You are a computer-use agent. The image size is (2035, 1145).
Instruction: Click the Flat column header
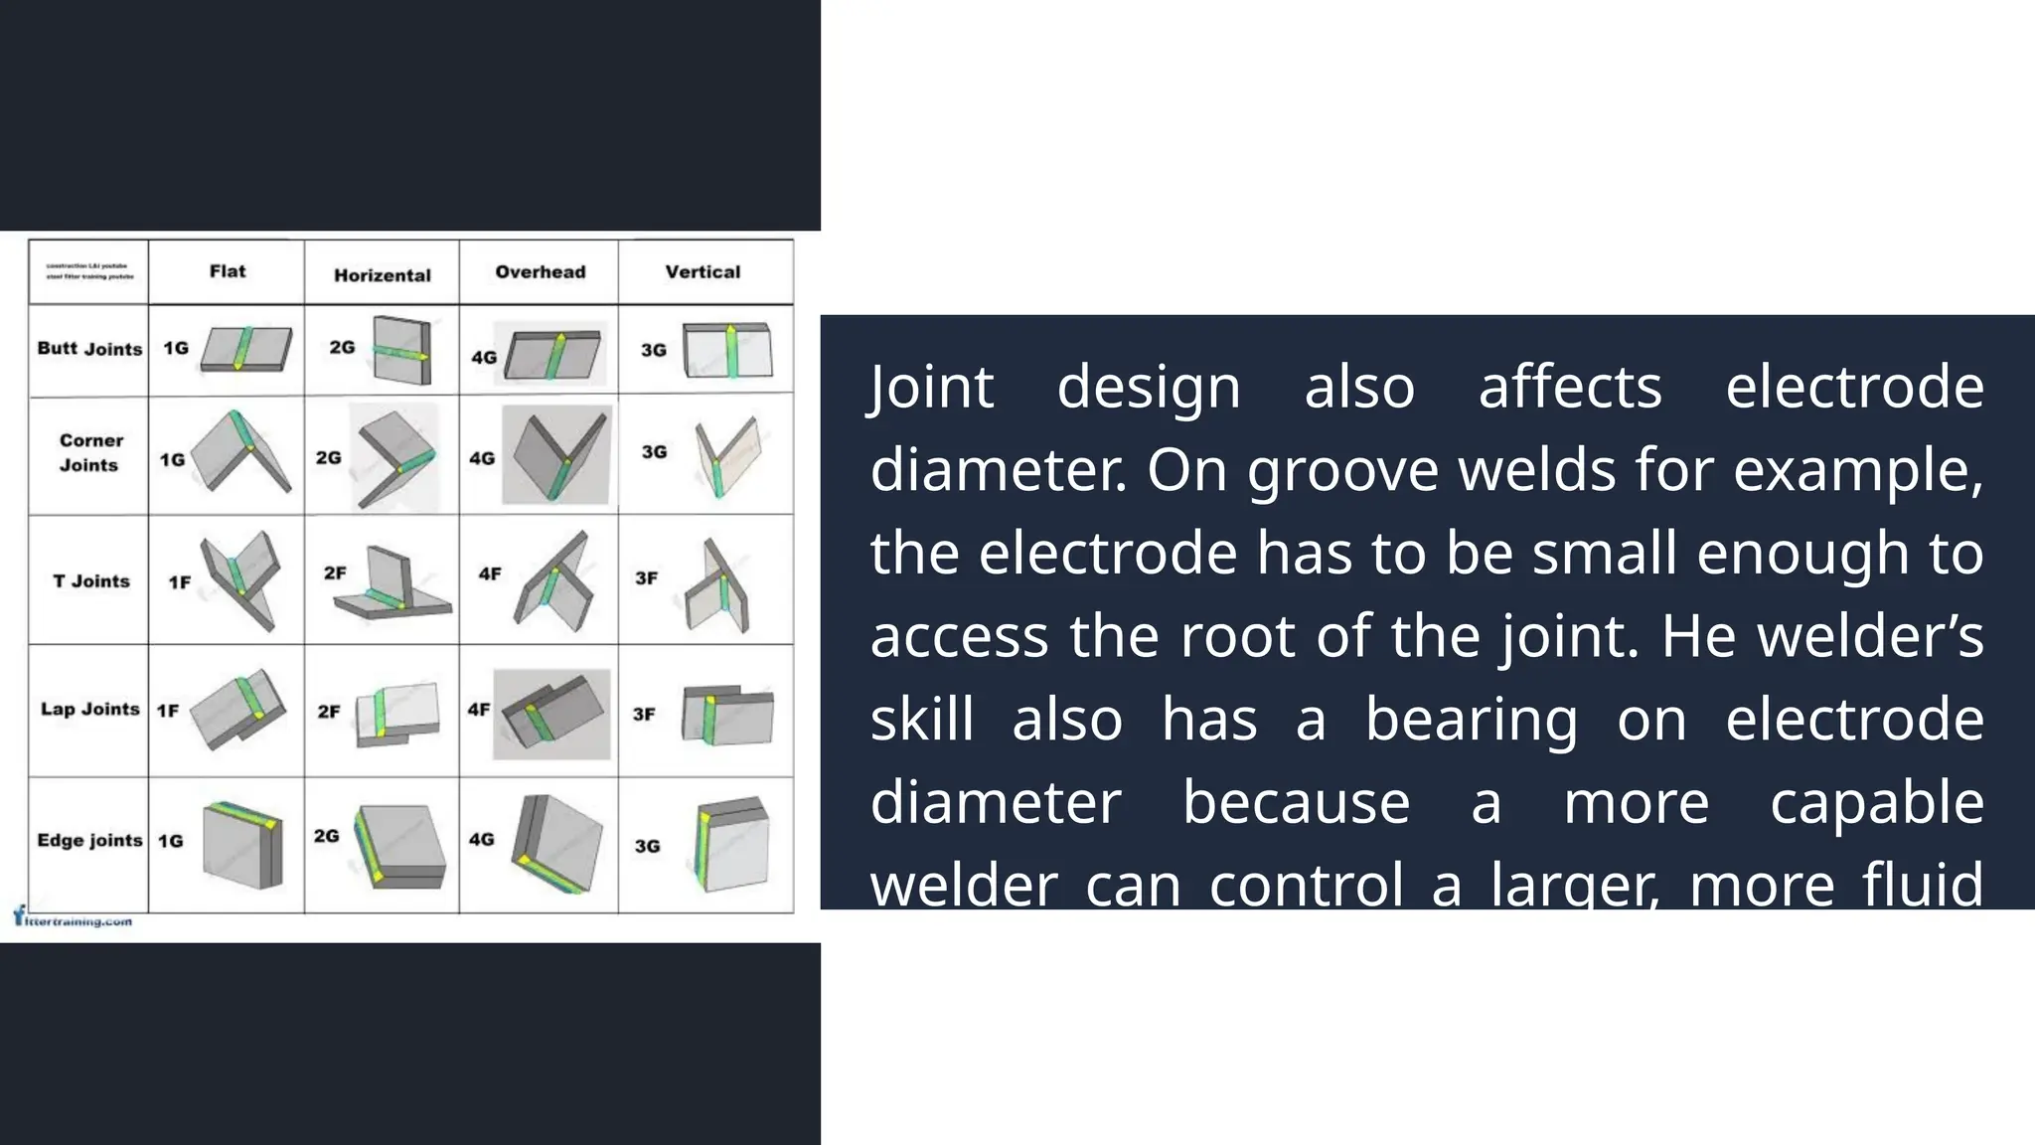(x=228, y=271)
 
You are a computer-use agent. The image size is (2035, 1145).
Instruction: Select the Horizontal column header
(x=383, y=275)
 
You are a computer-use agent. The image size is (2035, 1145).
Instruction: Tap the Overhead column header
(x=541, y=271)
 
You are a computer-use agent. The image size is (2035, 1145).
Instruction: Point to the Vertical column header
(x=703, y=271)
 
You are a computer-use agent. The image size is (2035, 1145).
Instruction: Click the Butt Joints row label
(x=89, y=349)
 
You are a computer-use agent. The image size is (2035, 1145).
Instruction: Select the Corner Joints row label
(x=90, y=452)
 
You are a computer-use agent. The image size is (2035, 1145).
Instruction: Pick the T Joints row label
(x=91, y=580)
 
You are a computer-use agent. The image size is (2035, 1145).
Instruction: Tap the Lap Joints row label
(x=89, y=709)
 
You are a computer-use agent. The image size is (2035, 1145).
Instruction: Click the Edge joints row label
(x=89, y=840)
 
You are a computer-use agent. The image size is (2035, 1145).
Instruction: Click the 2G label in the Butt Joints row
(x=342, y=347)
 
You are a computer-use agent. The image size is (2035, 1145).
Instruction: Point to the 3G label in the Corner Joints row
(x=654, y=451)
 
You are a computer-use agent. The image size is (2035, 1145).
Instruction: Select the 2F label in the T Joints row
(x=335, y=572)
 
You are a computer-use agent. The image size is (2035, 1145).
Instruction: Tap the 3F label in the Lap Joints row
(x=644, y=714)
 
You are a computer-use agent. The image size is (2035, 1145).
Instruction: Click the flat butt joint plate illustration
(x=246, y=349)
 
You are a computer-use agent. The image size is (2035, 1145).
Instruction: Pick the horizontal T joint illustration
(x=391, y=586)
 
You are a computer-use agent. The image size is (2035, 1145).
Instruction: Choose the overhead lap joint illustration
(x=552, y=714)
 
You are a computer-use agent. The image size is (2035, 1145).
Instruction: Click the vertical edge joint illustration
(x=731, y=844)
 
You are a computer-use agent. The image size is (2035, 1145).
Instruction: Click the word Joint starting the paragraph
(x=931, y=387)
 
